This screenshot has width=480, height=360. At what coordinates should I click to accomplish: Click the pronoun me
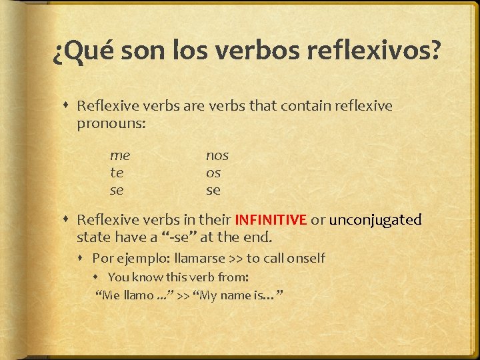click(x=120, y=155)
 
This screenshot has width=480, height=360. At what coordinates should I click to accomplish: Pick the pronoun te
click(x=116, y=173)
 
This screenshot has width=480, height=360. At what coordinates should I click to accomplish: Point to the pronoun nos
click(x=217, y=155)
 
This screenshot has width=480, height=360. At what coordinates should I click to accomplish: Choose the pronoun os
click(x=213, y=173)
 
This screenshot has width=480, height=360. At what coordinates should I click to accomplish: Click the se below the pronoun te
click(x=117, y=190)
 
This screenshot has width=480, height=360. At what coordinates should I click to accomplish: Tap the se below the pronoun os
click(x=213, y=190)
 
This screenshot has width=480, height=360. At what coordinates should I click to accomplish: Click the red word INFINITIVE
click(x=271, y=219)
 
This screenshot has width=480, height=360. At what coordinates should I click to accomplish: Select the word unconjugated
click(x=376, y=219)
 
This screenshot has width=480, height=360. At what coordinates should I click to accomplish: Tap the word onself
click(x=303, y=258)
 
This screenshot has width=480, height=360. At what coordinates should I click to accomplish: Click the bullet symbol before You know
click(x=98, y=277)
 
